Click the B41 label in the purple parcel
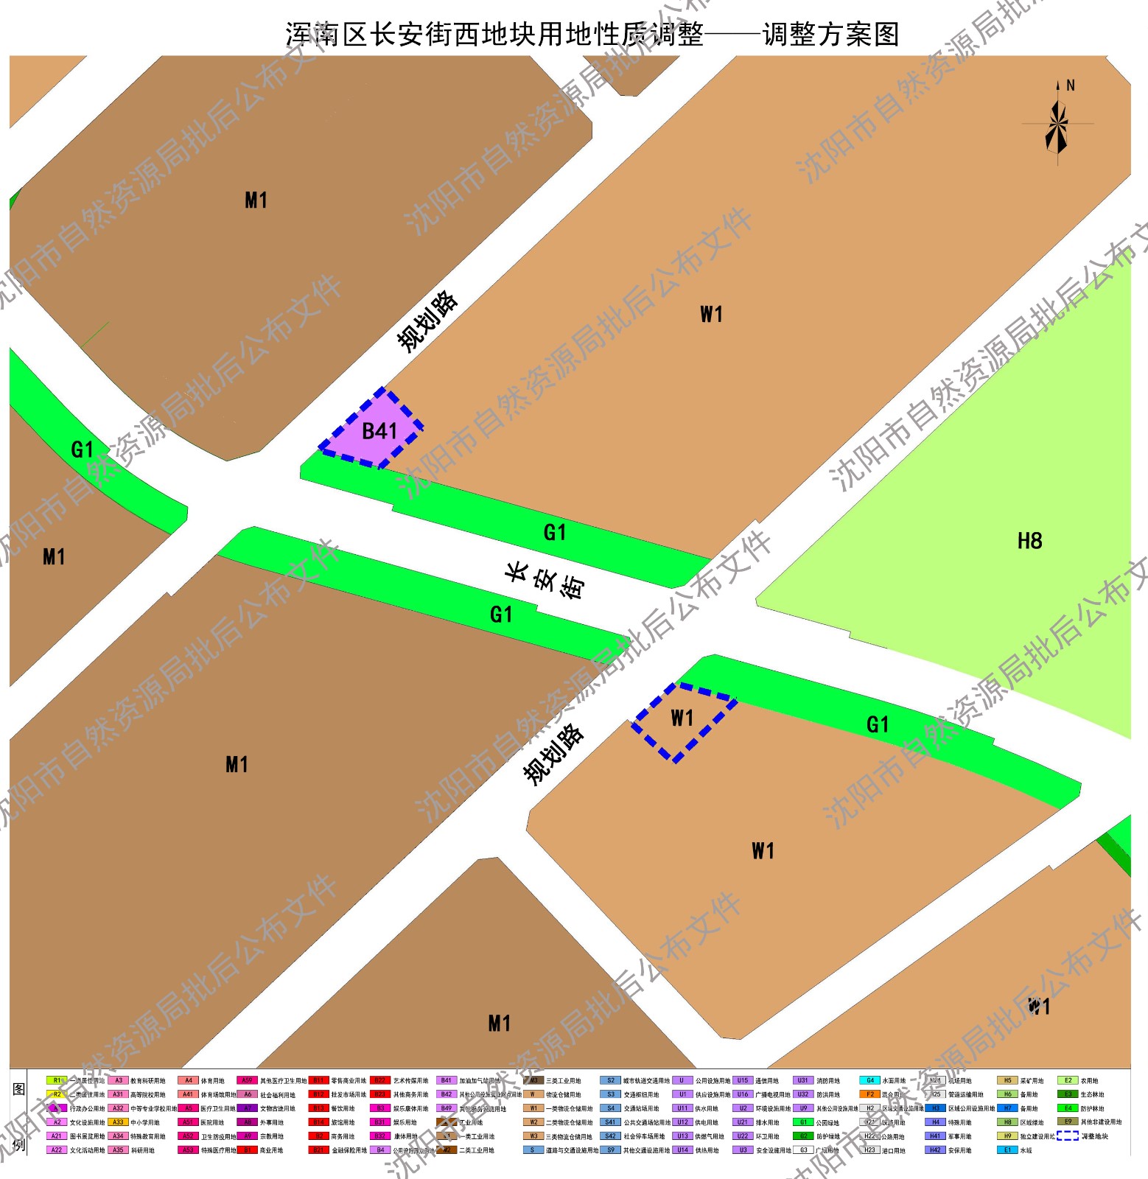[x=379, y=431]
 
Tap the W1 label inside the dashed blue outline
[x=682, y=718]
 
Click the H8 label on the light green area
[x=1029, y=541]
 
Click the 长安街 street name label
[x=545, y=581]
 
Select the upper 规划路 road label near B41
[x=427, y=321]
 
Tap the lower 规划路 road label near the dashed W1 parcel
[x=553, y=755]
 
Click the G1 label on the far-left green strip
[x=82, y=449]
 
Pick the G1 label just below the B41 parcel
[x=554, y=532]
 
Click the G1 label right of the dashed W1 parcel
[x=877, y=724]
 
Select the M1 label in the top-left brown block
[x=256, y=200]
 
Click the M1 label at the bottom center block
[x=499, y=1023]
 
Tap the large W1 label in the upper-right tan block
[x=711, y=315]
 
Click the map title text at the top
[x=592, y=34]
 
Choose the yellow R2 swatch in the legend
[x=57, y=1094]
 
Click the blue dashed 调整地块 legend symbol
[x=1067, y=1136]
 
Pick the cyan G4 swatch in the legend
[x=869, y=1081]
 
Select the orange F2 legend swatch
[x=869, y=1094]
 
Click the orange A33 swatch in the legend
[x=118, y=1122]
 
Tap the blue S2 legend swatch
[x=610, y=1081]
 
